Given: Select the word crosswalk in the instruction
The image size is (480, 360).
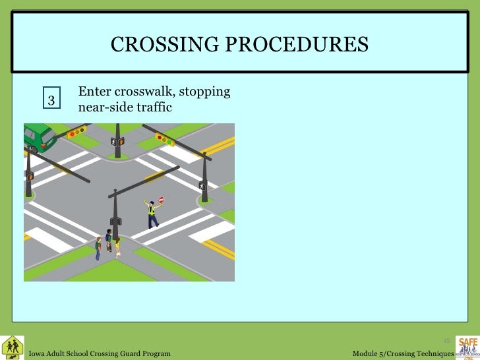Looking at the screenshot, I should (x=146, y=91).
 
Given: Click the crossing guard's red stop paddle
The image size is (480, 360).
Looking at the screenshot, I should (x=162, y=199).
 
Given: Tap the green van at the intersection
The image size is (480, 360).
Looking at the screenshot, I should (x=40, y=136).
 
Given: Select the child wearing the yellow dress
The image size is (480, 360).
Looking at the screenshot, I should (x=118, y=247).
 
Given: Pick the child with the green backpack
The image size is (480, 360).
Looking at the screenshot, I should (x=98, y=247).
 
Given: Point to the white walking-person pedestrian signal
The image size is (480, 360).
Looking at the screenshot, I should (x=202, y=186).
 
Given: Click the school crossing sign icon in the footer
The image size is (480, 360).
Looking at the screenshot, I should (x=12, y=346).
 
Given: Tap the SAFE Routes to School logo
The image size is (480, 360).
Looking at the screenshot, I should (x=467, y=346).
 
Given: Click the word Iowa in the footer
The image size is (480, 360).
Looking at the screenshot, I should (x=38, y=354).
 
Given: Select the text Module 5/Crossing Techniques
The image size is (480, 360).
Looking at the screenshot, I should (x=403, y=354).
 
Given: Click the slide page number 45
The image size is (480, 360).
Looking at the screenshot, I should (x=446, y=341).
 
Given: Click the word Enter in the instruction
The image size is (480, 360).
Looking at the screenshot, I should (x=94, y=91).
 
